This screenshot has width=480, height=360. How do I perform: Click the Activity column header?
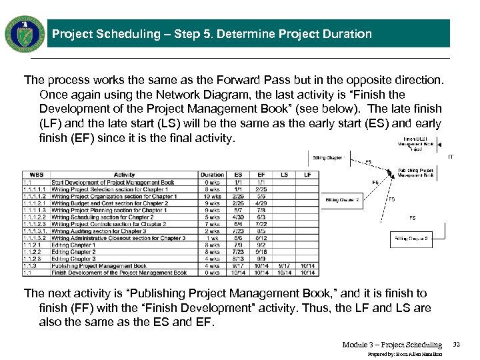coord(124,175)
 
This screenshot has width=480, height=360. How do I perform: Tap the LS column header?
coord(285,175)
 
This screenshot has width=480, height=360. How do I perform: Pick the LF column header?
coord(308,175)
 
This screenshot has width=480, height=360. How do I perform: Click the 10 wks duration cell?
coord(212,197)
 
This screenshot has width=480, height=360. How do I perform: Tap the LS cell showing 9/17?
coord(285,266)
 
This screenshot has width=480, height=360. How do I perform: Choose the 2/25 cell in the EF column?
coord(261,189)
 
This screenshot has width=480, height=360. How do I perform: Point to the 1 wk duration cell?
coord(212,238)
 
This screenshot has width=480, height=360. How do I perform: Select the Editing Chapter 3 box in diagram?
coord(412,238)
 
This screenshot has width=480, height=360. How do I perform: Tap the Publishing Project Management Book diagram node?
coord(417,173)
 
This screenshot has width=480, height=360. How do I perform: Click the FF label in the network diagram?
coord(451,157)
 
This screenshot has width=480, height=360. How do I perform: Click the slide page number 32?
coord(457,345)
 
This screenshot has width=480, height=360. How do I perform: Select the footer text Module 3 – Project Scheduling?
coord(392,345)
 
